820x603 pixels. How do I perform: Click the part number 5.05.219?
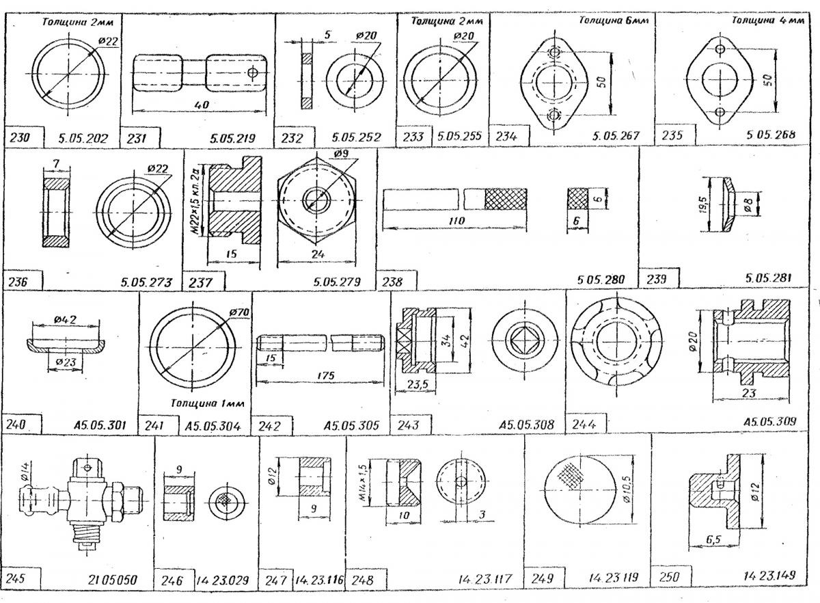click(x=232, y=138)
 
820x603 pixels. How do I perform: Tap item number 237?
click(x=200, y=282)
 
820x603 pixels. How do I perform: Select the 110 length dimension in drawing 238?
click(x=456, y=221)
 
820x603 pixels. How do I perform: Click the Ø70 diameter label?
click(x=239, y=312)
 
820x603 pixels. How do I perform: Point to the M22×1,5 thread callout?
click(x=197, y=201)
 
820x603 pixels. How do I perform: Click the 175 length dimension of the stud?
click(x=326, y=375)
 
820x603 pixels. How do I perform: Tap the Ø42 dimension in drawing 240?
click(x=66, y=319)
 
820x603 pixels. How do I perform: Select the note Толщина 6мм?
click(x=614, y=20)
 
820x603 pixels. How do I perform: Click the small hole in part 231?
click(x=252, y=72)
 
